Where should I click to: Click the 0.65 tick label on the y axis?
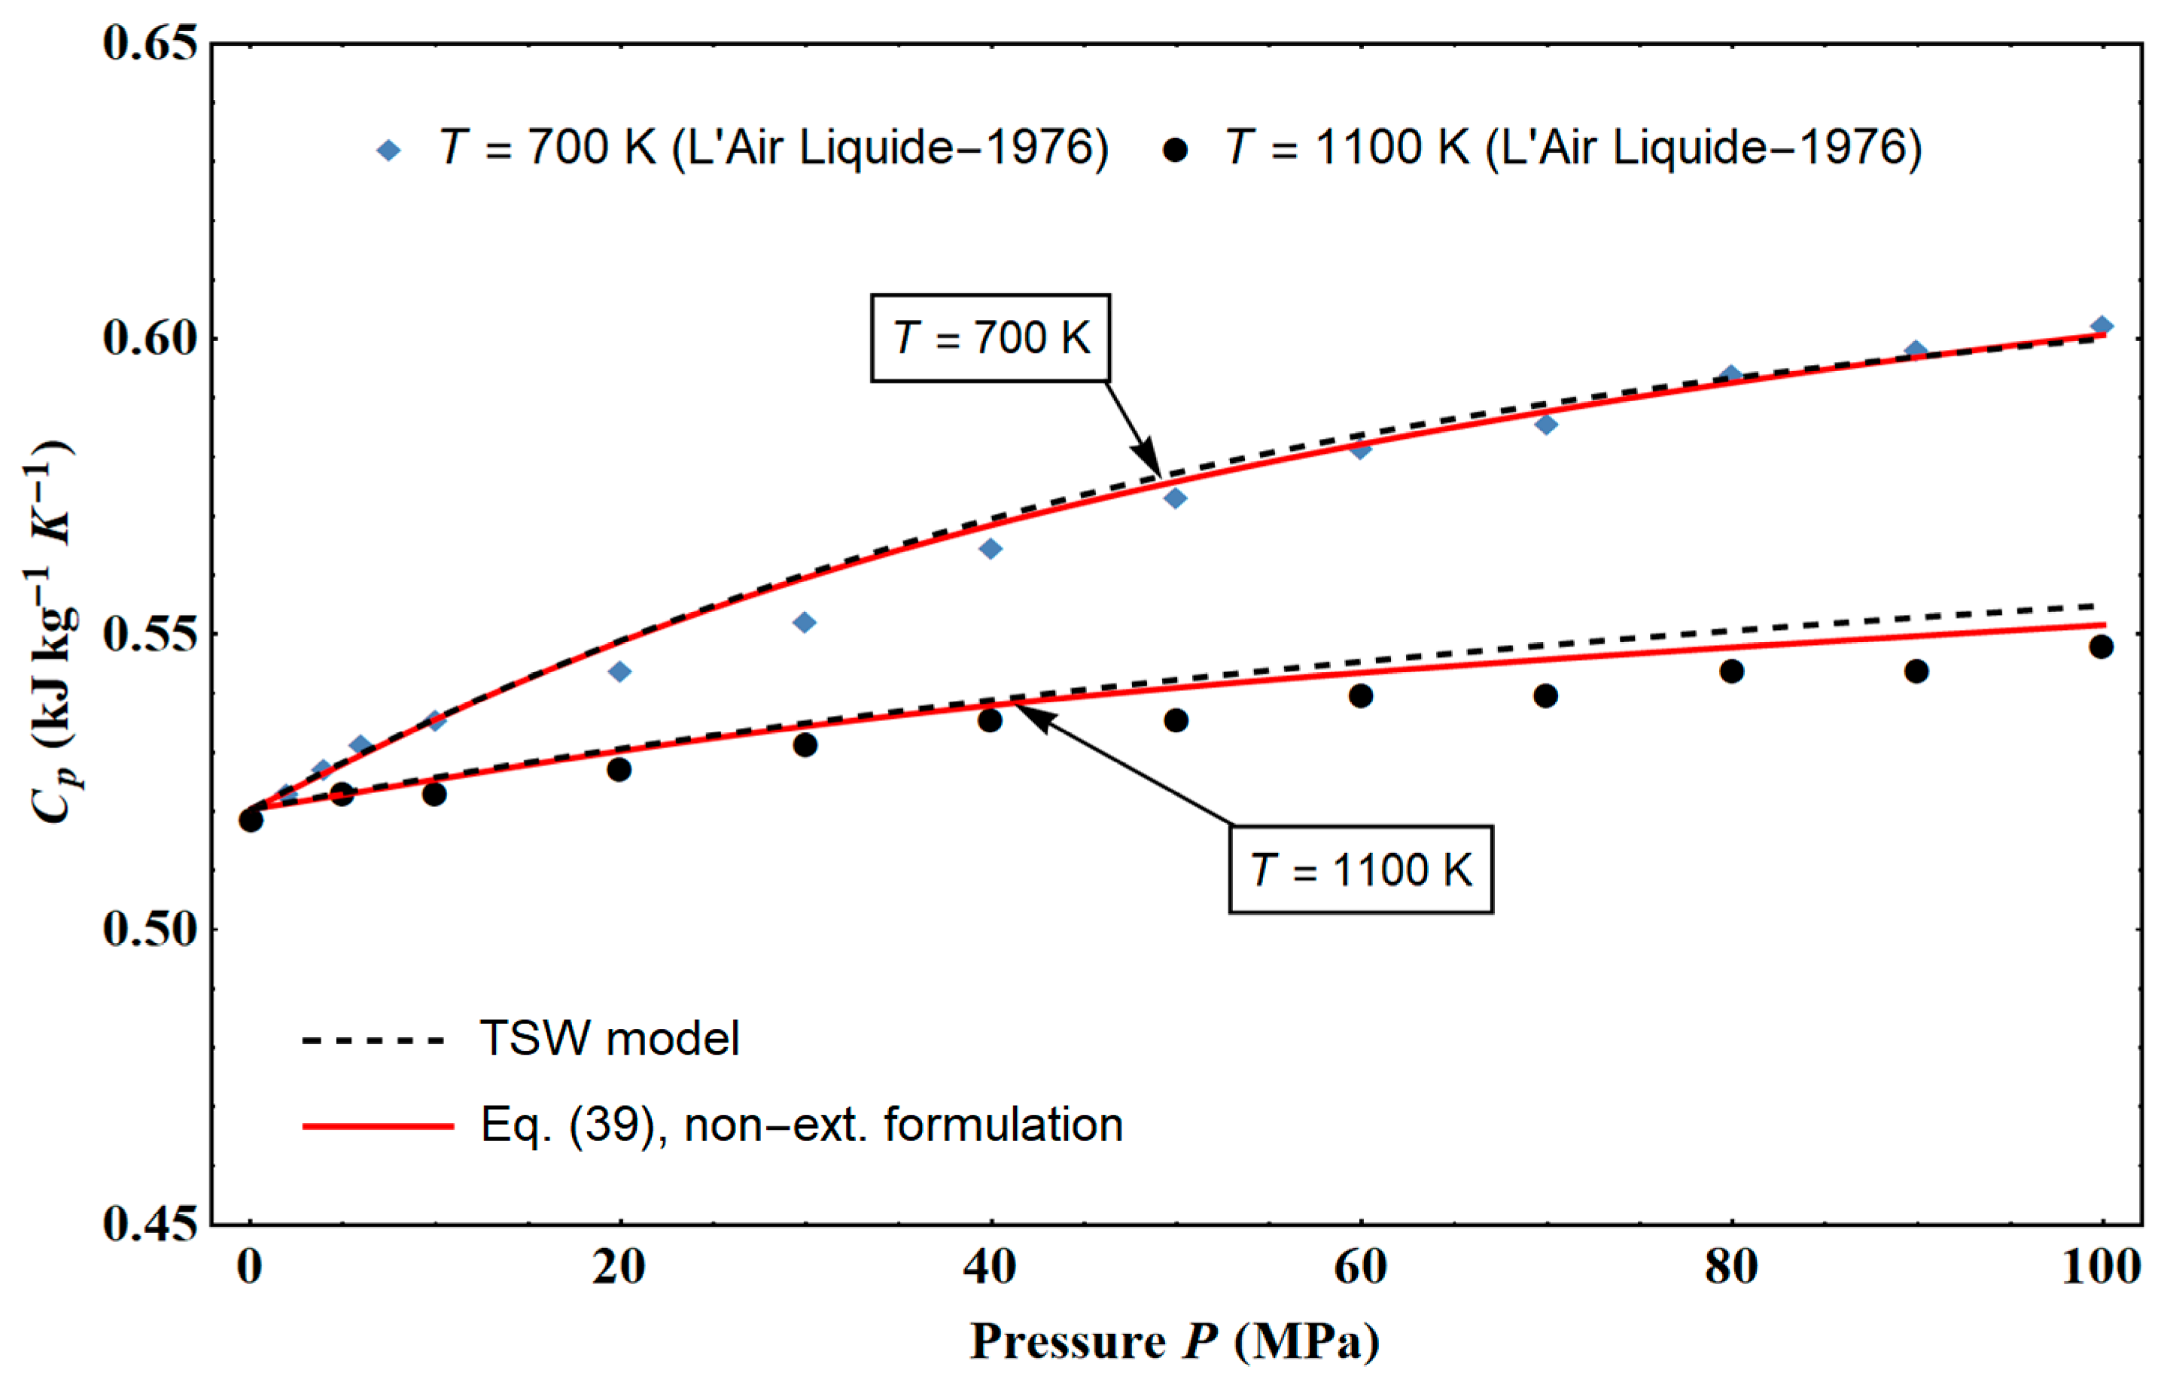[149, 42]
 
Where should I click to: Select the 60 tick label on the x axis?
[1360, 1267]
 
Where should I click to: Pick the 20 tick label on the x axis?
[619, 1267]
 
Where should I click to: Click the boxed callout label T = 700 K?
[990, 337]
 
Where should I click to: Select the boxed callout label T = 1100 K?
[1361, 869]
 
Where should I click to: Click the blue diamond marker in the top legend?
[388, 149]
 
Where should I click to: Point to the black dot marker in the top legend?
[1174, 149]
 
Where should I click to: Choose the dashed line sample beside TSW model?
[373, 1040]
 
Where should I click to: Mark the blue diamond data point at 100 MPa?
[2102, 326]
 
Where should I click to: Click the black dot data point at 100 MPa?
[2102, 646]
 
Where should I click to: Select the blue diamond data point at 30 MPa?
[805, 622]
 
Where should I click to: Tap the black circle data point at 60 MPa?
[1361, 696]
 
